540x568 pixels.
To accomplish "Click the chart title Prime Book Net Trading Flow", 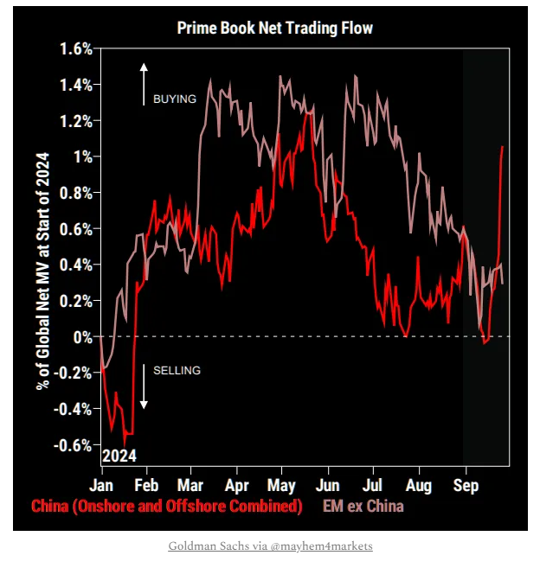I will (275, 28).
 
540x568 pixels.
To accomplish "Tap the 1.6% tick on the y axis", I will (76, 49).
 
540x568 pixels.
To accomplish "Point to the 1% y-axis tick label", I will (82, 156).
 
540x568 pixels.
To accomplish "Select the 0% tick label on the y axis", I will (82, 336).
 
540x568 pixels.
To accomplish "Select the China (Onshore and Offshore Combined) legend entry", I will (167, 506).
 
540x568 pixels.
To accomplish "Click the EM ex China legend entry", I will (363, 506).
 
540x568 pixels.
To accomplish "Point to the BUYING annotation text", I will (175, 99).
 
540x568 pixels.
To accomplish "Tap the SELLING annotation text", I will (177, 371).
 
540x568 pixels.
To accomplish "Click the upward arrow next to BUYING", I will (145, 84).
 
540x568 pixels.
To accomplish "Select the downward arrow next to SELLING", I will (145, 386).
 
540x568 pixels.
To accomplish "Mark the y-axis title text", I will (44, 271).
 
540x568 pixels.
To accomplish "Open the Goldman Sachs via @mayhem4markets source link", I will (270, 546).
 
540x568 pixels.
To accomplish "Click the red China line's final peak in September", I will (503, 147).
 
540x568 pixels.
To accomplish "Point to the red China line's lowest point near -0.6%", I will (126, 444).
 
